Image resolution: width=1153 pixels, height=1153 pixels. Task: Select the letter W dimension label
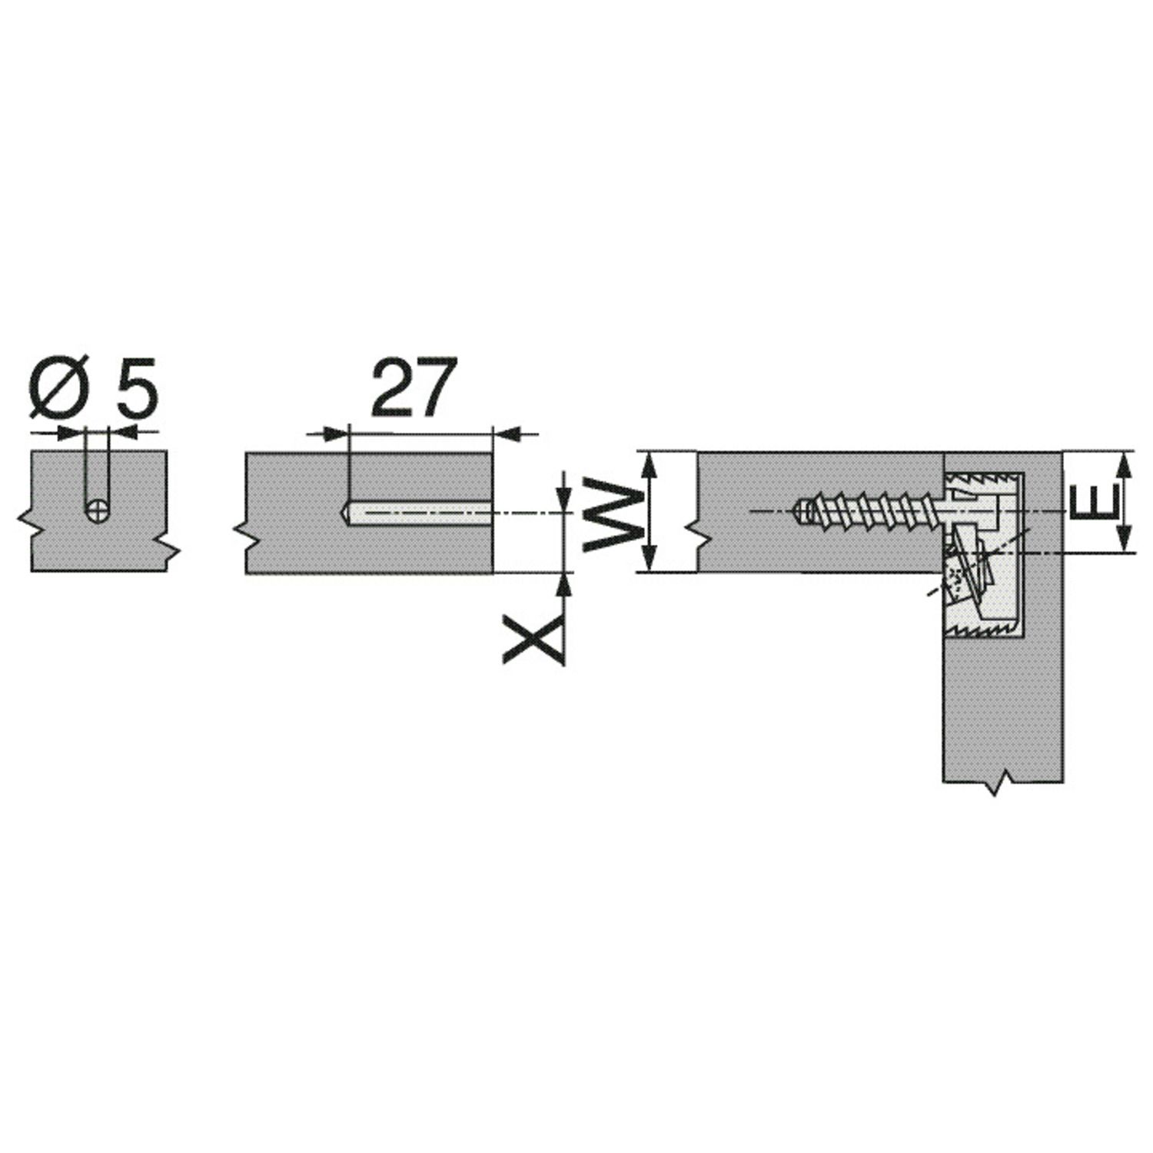point(613,513)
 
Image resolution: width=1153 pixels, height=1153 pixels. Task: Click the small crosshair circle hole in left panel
point(98,511)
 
